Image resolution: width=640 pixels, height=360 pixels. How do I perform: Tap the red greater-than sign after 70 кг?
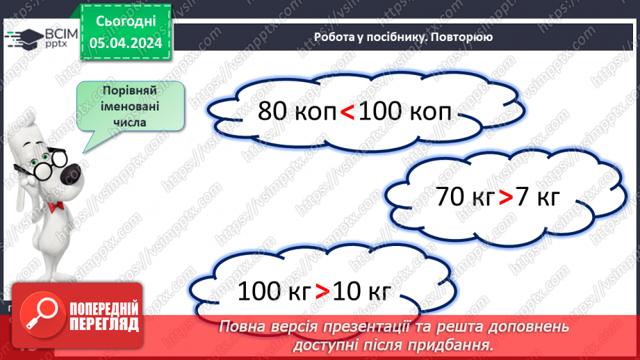505,197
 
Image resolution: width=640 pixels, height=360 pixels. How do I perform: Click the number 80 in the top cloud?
272,111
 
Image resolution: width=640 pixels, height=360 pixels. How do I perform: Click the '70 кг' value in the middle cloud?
465,197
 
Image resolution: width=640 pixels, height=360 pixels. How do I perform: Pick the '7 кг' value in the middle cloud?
537,197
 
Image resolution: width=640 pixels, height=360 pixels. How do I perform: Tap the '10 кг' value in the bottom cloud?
361,291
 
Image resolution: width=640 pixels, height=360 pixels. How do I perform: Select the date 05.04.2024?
126,43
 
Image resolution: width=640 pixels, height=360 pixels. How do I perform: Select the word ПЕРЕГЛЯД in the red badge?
103,324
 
